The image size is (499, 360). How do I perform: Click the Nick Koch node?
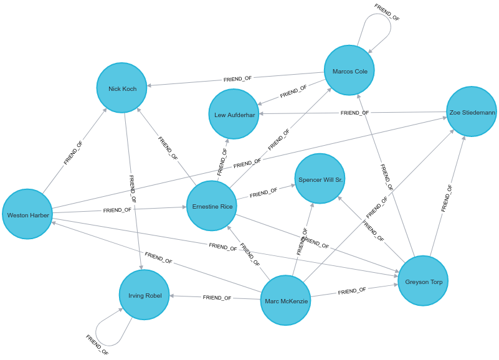(121, 88)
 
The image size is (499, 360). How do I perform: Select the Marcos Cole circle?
(349, 70)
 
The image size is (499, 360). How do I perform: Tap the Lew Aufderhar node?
(234, 114)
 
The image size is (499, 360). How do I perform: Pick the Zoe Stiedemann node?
(472, 112)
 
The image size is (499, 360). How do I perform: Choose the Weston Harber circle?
(27, 214)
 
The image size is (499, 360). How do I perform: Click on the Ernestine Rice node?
(212, 206)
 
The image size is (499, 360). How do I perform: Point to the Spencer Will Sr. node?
(320, 179)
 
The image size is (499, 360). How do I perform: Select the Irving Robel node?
(145, 295)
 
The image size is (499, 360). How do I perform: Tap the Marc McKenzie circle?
(285, 301)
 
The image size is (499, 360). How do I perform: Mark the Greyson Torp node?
(423, 281)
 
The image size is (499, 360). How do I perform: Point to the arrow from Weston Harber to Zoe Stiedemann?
(249, 163)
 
